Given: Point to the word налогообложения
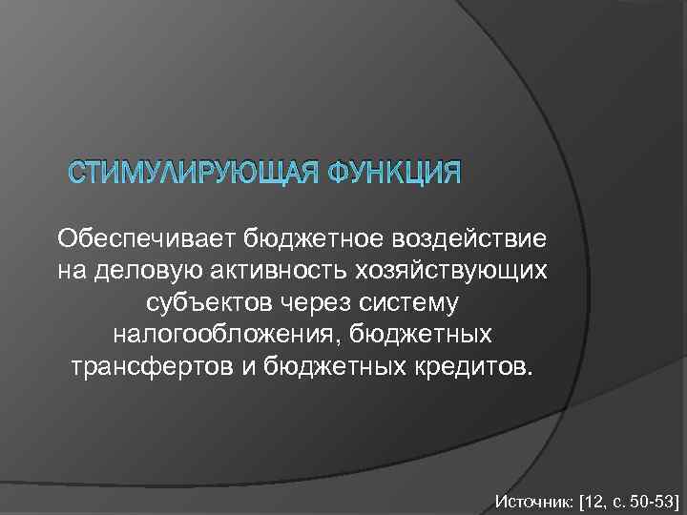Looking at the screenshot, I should pyautogui.click(x=229, y=335).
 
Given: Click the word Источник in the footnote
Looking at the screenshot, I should pyautogui.click(x=531, y=499).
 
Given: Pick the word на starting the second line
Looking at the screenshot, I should pyautogui.click(x=71, y=270).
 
